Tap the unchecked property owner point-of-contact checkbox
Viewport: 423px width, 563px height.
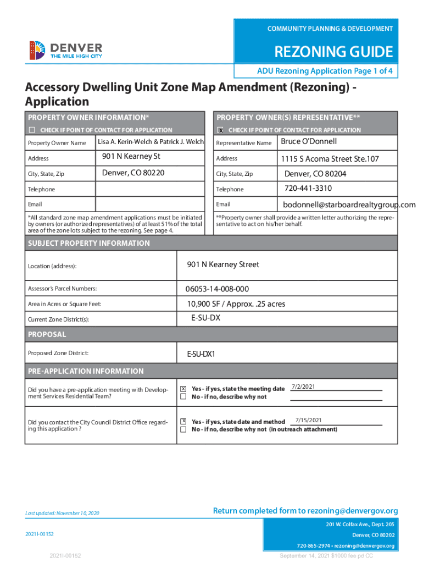(32, 130)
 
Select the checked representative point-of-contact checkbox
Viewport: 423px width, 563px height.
(220, 130)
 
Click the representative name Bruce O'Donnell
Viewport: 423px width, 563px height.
(308, 142)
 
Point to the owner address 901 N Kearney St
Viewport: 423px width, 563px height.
(131, 157)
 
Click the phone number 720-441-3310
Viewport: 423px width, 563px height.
(308, 189)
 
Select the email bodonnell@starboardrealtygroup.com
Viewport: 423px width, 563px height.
(349, 205)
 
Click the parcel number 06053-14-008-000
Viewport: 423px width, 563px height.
(217, 289)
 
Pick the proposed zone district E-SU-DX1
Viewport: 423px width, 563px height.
(201, 354)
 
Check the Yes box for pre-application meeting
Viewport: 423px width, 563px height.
(183, 389)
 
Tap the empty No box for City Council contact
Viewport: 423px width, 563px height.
(183, 429)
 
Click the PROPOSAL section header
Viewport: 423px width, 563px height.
(47, 334)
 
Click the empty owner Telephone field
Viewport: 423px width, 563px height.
(150, 189)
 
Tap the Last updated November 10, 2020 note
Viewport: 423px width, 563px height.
(62, 513)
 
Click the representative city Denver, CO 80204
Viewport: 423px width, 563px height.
(315, 174)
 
